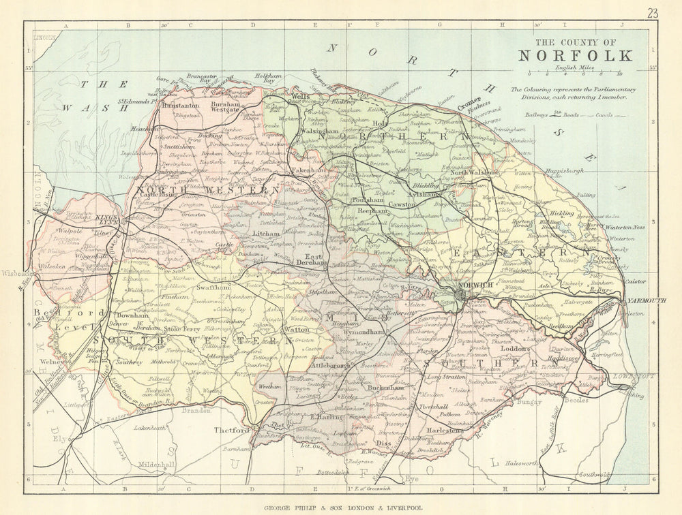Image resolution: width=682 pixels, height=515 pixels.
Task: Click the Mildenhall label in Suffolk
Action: pyautogui.click(x=158, y=467)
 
